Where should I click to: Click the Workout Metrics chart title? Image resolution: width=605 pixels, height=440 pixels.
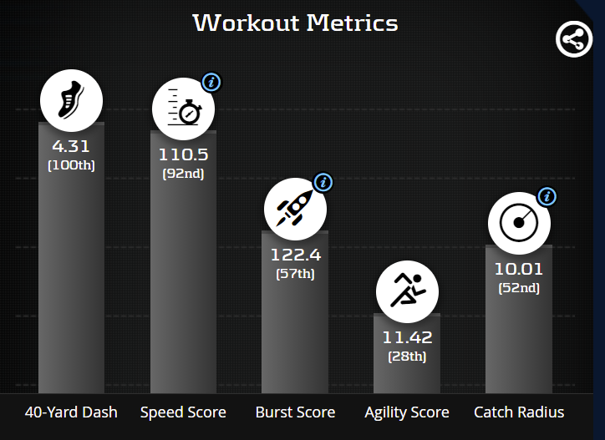tap(295, 23)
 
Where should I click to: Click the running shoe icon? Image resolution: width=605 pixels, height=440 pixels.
tap(71, 101)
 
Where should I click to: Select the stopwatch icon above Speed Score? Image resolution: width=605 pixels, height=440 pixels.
tap(183, 109)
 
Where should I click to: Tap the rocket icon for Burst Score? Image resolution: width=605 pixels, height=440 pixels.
tap(295, 209)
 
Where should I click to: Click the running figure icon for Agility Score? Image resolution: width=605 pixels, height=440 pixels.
tap(407, 291)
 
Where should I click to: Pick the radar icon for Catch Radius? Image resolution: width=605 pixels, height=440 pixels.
tap(519, 223)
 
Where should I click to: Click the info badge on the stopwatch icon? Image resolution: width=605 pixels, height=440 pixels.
tap(211, 82)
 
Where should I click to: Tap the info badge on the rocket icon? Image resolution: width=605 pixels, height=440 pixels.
tap(323, 182)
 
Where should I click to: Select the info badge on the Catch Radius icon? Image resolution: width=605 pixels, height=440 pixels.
tap(547, 196)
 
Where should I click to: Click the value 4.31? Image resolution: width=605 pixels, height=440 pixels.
tap(71, 147)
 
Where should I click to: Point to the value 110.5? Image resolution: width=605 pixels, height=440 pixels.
tap(183, 155)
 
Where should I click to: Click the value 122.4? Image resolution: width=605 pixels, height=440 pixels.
tap(295, 255)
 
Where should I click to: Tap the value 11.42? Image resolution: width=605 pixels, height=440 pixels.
tap(407, 338)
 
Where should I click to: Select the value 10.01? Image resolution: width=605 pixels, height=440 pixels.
tap(519, 270)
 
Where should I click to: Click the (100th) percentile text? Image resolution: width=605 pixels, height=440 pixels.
tap(71, 165)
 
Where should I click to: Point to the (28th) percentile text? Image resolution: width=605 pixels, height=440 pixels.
tap(407, 357)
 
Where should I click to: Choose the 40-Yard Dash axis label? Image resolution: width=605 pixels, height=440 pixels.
tap(71, 412)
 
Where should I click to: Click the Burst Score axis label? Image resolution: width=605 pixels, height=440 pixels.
tap(295, 412)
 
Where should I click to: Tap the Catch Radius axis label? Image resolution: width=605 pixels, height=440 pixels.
tap(519, 412)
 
